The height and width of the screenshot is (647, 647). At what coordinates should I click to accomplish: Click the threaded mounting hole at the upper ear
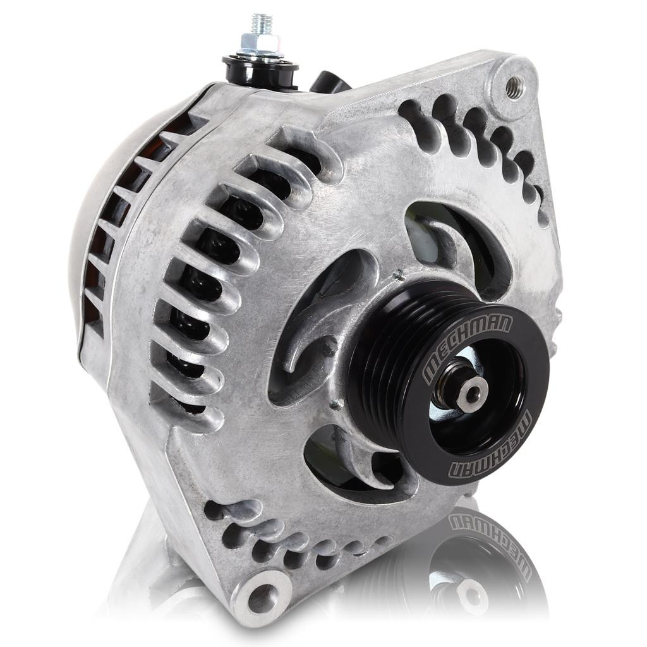(x=515, y=87)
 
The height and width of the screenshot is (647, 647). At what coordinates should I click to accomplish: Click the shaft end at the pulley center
(x=471, y=394)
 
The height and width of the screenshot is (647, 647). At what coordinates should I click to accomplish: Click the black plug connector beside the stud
(x=329, y=82)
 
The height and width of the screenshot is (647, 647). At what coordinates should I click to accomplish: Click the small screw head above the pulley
(x=399, y=275)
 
